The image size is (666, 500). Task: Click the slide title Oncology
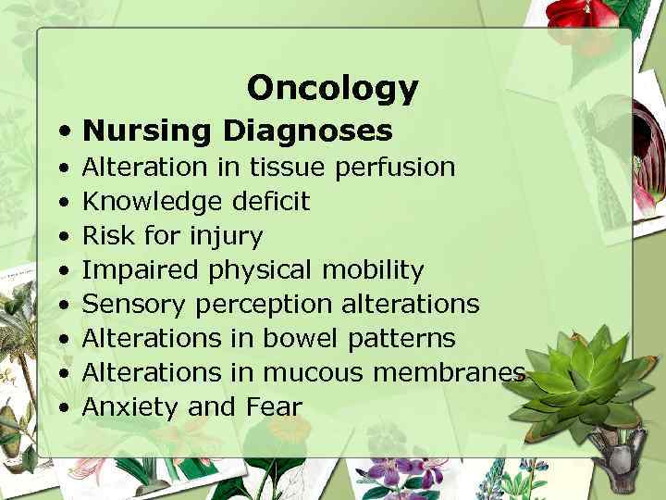pos(332,88)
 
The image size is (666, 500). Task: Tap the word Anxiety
pos(130,406)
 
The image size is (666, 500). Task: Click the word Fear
pos(275,406)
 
